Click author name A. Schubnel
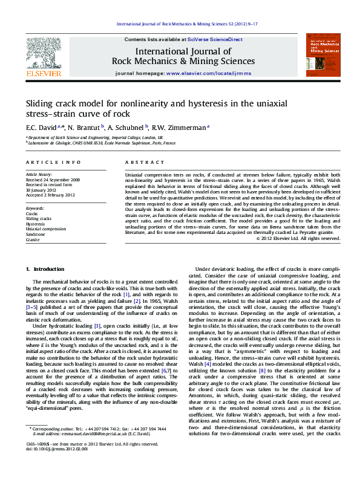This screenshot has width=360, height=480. (129, 128)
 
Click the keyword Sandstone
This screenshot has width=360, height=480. (35, 235)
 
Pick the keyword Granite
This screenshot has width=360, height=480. (33, 240)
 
